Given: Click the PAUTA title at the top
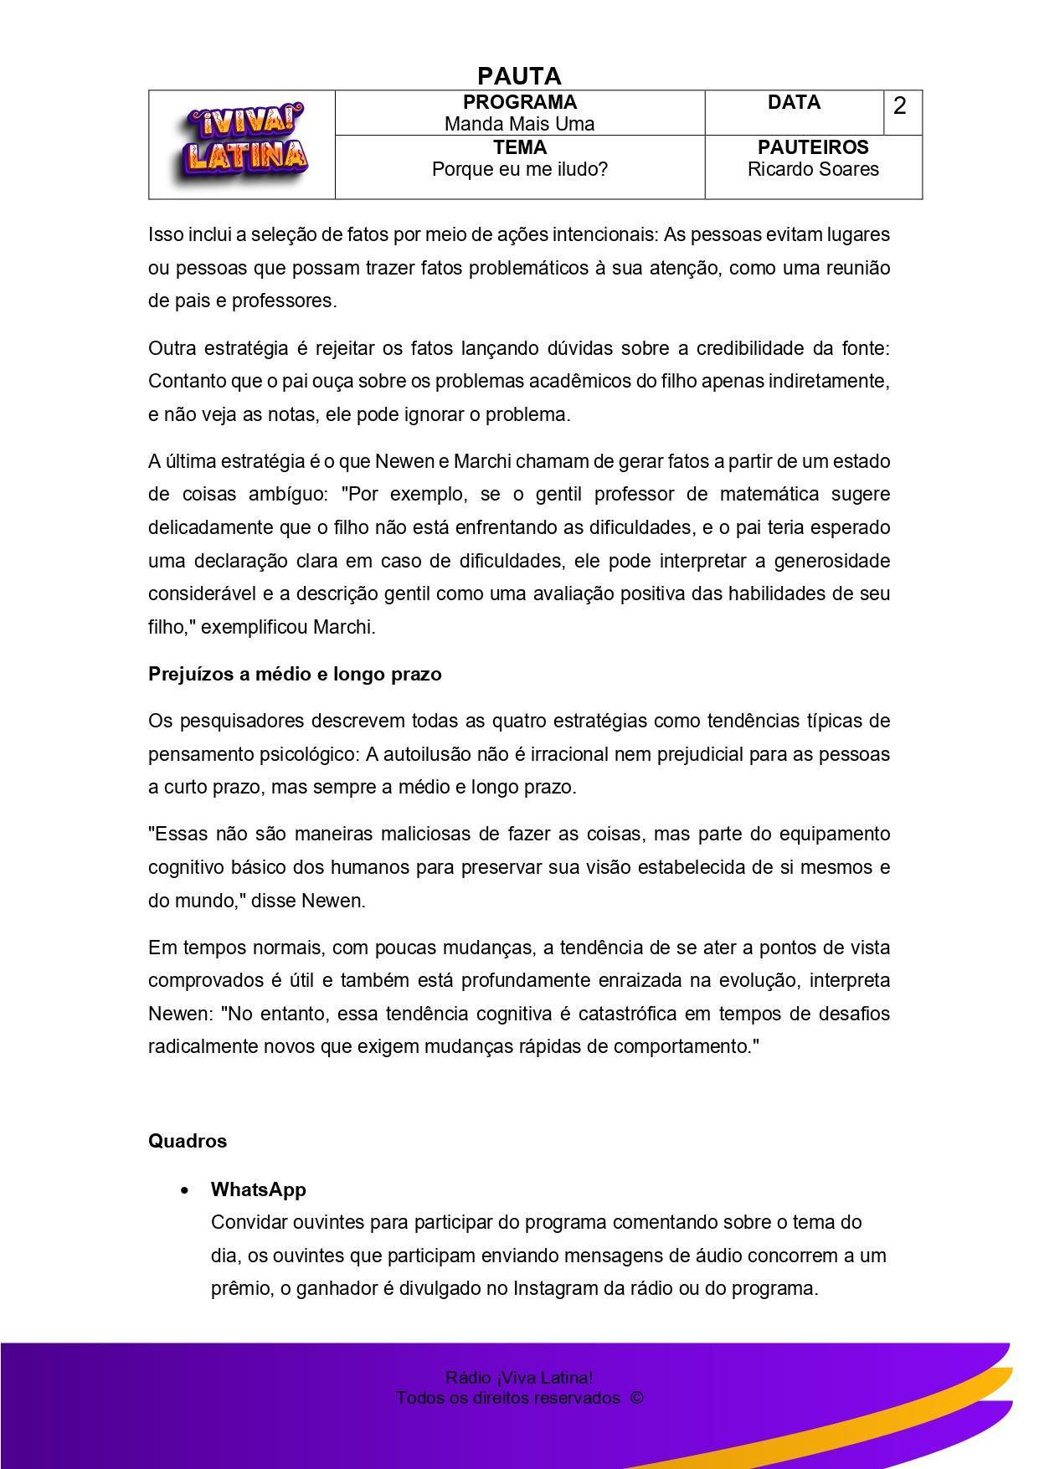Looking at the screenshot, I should (519, 76).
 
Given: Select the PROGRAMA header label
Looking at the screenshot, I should (519, 102).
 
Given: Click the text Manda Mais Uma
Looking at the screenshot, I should (519, 124).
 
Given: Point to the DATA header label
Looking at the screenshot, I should (794, 102).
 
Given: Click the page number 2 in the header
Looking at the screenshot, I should (900, 106).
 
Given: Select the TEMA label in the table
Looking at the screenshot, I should (519, 147).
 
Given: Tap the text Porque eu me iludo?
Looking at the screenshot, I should (519, 169).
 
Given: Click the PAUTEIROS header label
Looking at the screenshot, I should (813, 147).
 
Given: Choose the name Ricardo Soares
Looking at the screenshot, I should (813, 169).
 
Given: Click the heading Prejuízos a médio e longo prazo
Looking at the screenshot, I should (295, 674).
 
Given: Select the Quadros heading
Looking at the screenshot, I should (188, 1141).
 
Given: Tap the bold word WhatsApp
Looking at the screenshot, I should (259, 1189).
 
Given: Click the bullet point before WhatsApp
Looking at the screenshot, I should (184, 1190).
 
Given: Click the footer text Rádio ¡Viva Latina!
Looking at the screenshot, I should (519, 1378).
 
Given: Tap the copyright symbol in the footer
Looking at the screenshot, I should (636, 1398).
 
